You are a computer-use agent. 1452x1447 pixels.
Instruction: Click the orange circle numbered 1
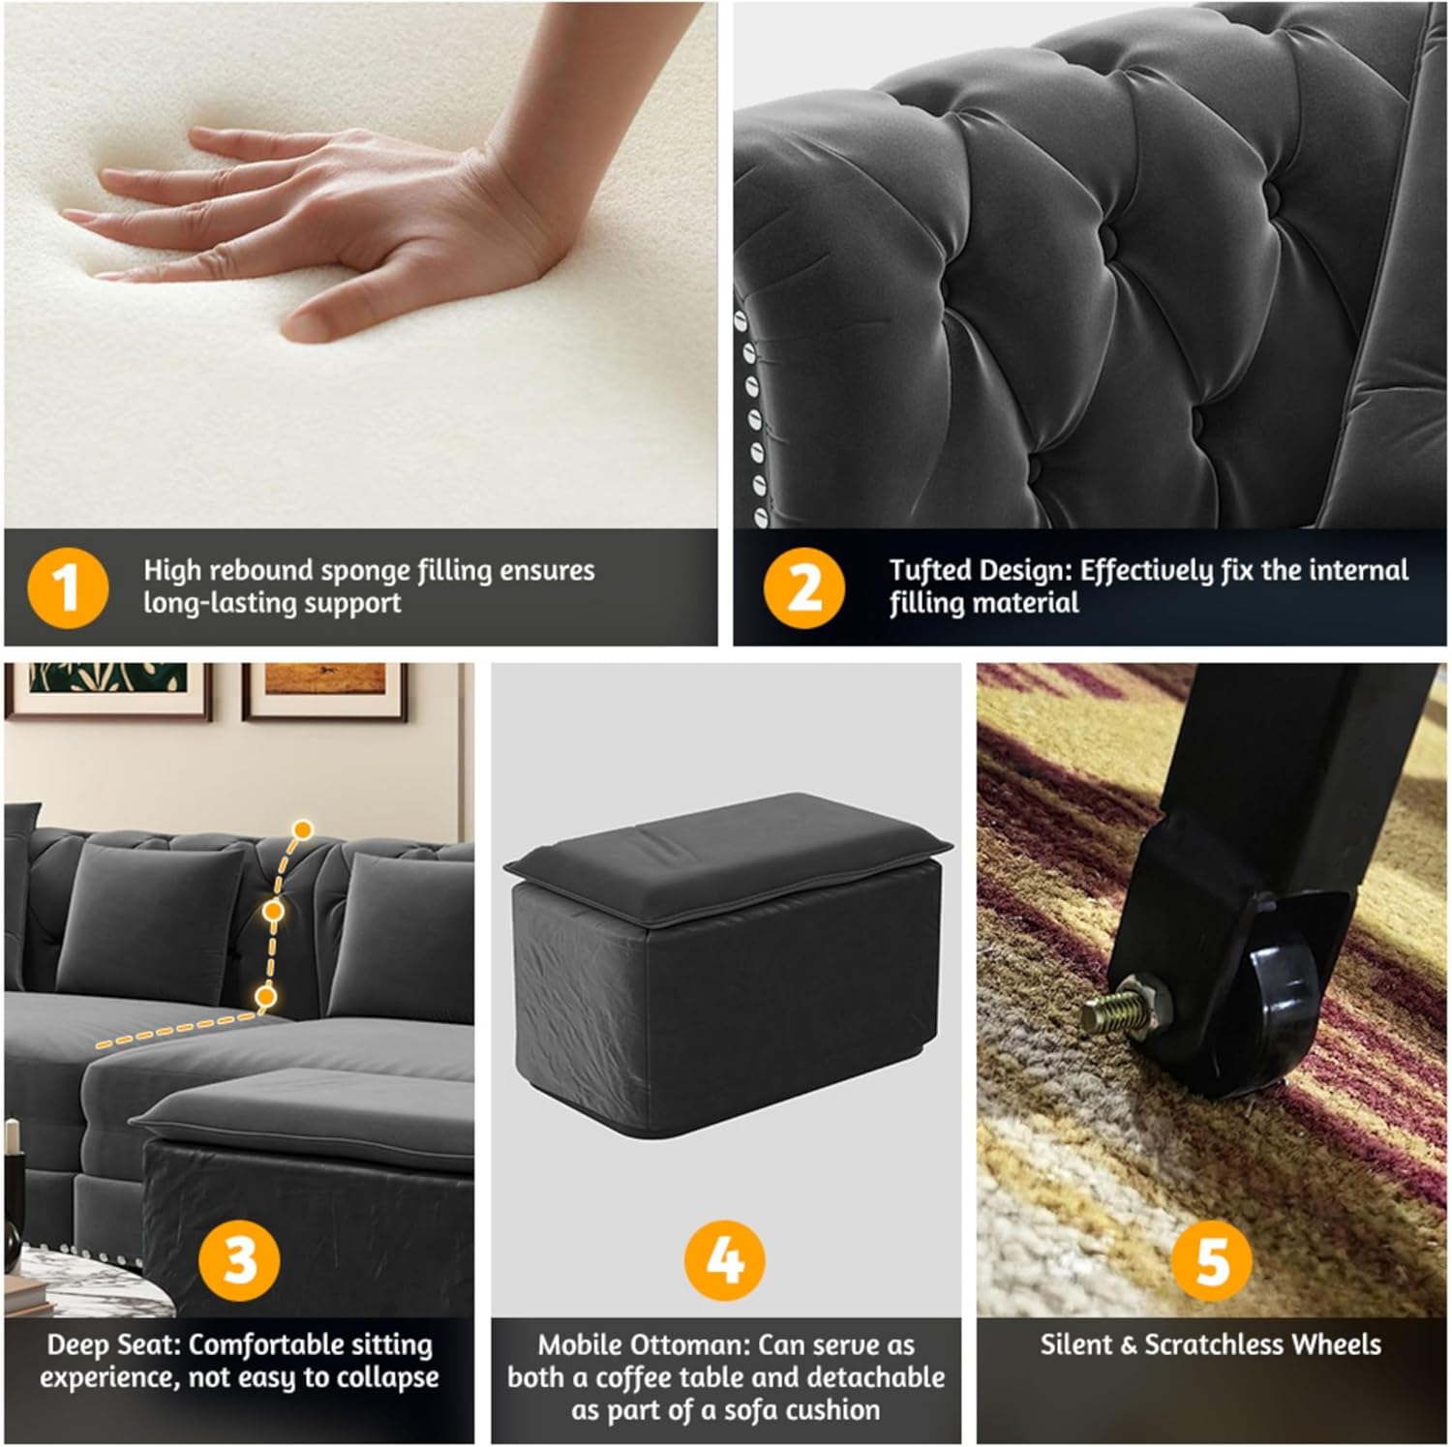[x=68, y=588]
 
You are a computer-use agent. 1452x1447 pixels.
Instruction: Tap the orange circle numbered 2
[x=803, y=588]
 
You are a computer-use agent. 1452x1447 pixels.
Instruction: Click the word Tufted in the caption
[x=932, y=570]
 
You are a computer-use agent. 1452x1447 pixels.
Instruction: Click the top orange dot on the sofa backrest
[x=303, y=829]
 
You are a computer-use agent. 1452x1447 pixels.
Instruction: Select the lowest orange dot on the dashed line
[x=266, y=996]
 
